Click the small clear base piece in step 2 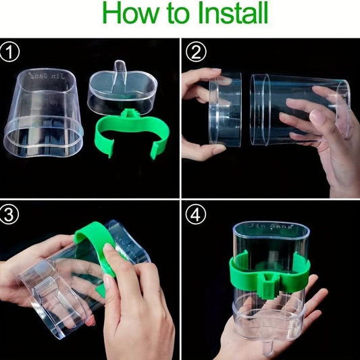tap(225, 109)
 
